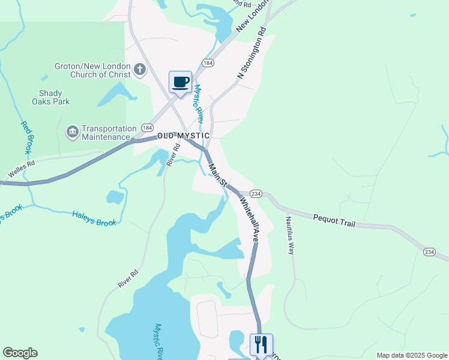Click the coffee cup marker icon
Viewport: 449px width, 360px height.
(x=180, y=82)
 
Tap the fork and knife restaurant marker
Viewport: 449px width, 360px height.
(x=261, y=345)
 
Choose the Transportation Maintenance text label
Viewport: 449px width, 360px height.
(x=109, y=133)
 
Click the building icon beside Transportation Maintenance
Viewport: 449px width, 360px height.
(x=73, y=131)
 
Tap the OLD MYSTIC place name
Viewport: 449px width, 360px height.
(x=183, y=136)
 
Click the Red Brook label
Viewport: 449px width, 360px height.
(x=26, y=137)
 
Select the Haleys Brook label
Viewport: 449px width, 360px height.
(x=94, y=218)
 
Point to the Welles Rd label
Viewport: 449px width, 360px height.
(x=22, y=168)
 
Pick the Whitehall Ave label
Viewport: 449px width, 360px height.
(x=250, y=217)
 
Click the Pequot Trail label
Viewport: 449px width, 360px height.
(x=334, y=220)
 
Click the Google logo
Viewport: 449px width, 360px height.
(x=20, y=353)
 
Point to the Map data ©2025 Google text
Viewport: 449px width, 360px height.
(x=412, y=355)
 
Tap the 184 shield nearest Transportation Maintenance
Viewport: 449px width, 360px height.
(x=147, y=128)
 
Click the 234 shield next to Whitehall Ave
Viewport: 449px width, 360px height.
(x=256, y=193)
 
